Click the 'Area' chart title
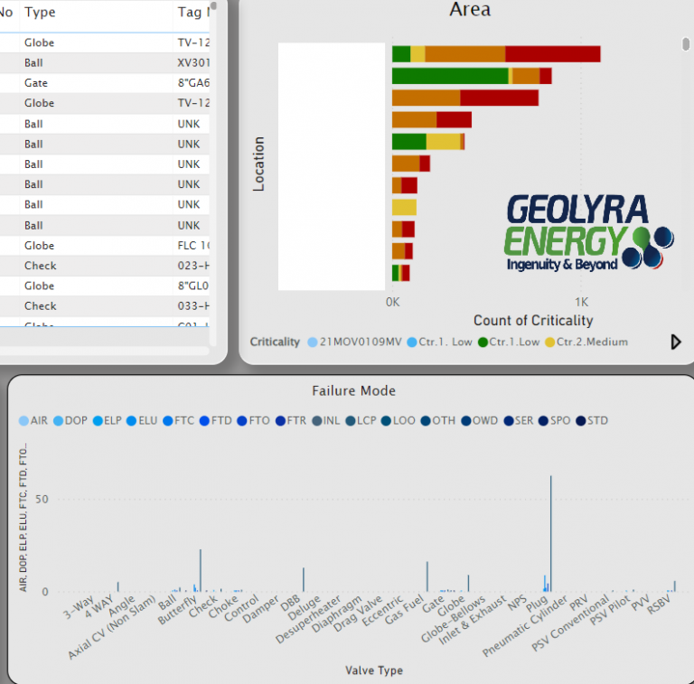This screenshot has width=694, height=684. coord(470,10)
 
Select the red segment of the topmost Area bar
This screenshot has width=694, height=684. coord(552,53)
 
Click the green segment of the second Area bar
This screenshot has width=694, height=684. coord(450,76)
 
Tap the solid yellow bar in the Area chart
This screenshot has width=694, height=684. coord(404,208)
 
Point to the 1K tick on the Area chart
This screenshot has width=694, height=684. coord(582,302)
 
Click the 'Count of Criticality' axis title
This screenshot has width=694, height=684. coord(533,321)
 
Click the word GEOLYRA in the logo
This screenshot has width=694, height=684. coord(577,210)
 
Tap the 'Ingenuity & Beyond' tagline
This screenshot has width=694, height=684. coord(562,264)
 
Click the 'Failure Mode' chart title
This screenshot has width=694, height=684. coord(353,391)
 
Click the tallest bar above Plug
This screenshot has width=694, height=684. coord(550,533)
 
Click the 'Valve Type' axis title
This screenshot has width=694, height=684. coord(373,670)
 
